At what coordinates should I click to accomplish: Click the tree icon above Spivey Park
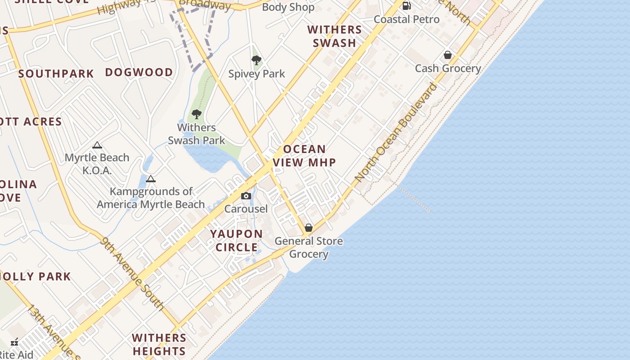point(256,60)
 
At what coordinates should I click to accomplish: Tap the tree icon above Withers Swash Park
point(196,114)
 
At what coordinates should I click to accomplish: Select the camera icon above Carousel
point(246,196)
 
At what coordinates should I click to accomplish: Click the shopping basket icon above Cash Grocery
point(448,55)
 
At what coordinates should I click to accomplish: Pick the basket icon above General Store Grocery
point(309,228)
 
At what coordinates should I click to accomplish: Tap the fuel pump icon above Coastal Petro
point(406,6)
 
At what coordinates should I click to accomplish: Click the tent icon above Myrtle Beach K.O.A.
point(97,145)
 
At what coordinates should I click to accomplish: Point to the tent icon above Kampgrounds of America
point(151,179)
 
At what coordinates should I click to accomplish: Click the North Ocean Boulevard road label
point(396,132)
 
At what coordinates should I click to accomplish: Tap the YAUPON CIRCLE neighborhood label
point(237,240)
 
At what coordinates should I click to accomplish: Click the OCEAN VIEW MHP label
point(305,156)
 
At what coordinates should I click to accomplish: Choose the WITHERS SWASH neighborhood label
point(334,36)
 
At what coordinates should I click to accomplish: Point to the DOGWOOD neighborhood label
point(139,72)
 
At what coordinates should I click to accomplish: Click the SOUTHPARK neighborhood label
point(56,74)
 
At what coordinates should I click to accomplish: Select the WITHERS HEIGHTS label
point(159,344)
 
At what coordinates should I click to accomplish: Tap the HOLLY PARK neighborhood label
point(36,276)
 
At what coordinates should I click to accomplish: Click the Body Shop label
point(288,7)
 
